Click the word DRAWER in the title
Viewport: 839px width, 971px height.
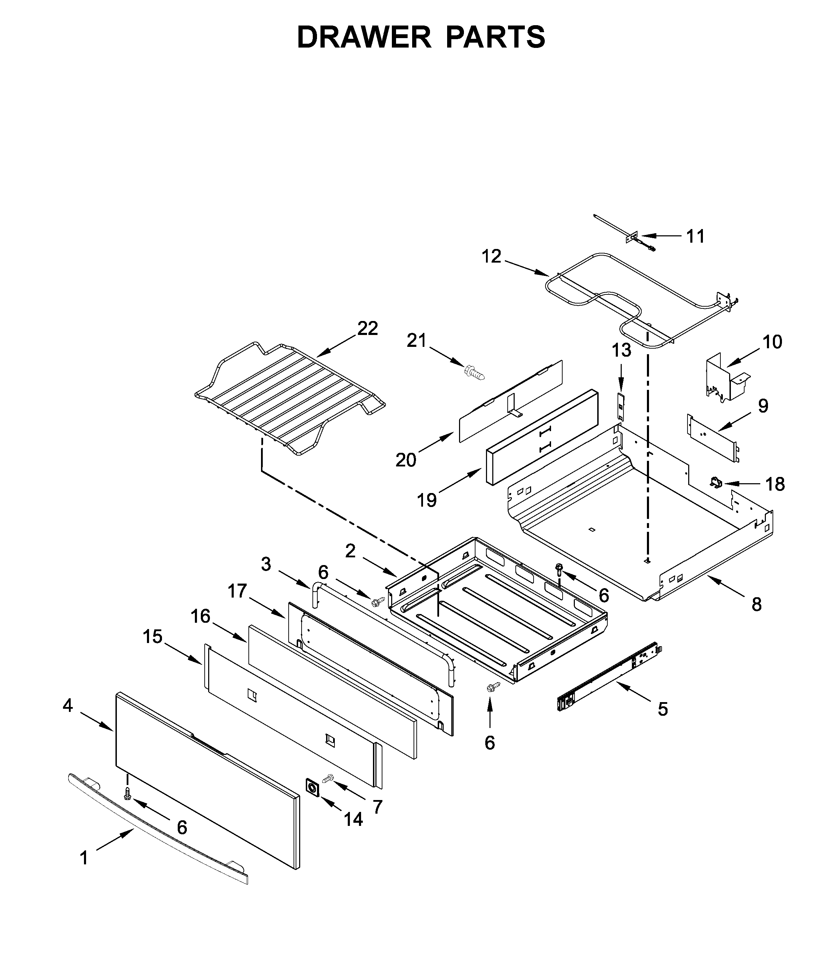click(x=364, y=37)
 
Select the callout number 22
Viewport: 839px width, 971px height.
click(x=367, y=329)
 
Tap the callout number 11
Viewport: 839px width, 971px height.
click(x=696, y=237)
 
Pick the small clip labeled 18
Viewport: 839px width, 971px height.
click(x=716, y=481)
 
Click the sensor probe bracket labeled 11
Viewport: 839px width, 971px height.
click(x=635, y=239)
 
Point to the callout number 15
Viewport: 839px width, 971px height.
click(x=153, y=637)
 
